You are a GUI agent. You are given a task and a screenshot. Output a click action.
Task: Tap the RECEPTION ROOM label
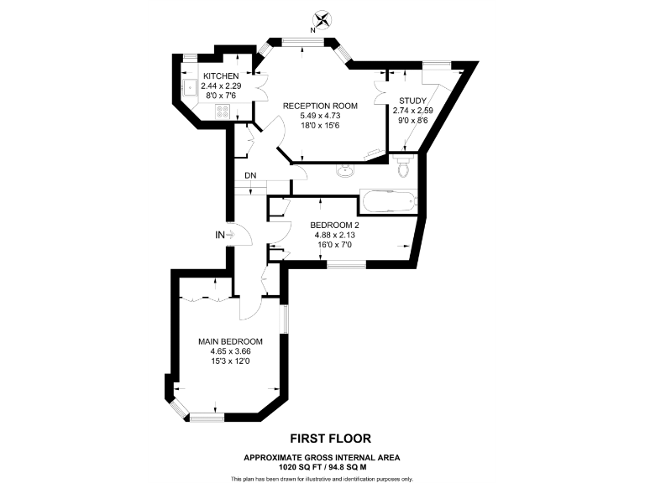pyautogui.click(x=320, y=106)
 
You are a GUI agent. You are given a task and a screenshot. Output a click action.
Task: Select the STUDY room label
pyautogui.click(x=412, y=101)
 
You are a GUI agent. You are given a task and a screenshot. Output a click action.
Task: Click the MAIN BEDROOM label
pyautogui.click(x=230, y=341)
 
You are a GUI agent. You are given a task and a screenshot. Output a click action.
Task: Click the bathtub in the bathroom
pyautogui.click(x=387, y=202)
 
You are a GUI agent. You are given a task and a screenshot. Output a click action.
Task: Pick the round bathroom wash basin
pyautogui.click(x=345, y=170)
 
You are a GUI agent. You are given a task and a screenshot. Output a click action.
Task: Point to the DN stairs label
pyautogui.click(x=250, y=175)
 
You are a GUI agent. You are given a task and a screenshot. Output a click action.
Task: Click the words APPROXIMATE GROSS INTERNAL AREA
pyautogui.click(x=322, y=457)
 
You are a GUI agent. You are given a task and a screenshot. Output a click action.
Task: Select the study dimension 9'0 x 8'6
pyautogui.click(x=412, y=120)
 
